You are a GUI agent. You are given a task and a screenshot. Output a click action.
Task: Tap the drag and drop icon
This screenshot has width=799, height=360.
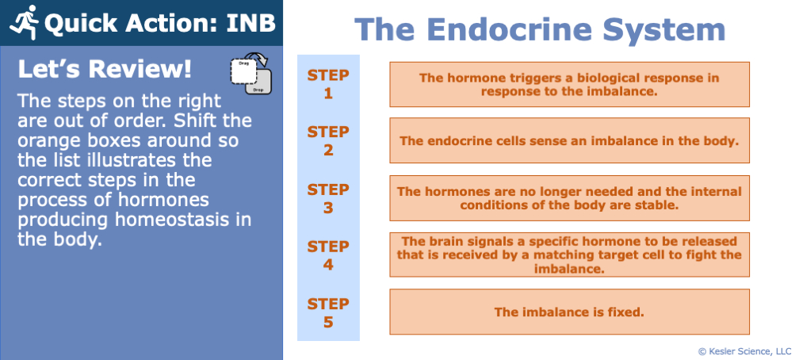(x=250, y=76)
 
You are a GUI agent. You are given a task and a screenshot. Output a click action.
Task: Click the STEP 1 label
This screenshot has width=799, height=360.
(x=328, y=84)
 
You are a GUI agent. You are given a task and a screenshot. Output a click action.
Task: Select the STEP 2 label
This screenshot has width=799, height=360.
(x=328, y=141)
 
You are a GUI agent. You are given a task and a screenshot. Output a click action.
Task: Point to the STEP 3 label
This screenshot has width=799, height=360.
(x=328, y=198)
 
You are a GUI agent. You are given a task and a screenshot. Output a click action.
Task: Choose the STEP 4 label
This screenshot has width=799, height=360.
(x=328, y=255)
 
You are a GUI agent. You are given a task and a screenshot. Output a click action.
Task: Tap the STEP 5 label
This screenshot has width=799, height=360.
(x=328, y=312)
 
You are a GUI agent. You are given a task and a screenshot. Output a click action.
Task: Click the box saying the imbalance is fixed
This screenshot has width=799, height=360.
(x=569, y=312)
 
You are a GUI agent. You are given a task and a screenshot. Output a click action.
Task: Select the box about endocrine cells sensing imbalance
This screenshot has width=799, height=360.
(x=569, y=141)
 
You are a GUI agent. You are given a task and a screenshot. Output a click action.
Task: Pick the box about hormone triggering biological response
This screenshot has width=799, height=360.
(x=569, y=84)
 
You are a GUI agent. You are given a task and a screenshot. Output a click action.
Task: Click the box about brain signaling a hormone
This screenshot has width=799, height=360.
(x=569, y=255)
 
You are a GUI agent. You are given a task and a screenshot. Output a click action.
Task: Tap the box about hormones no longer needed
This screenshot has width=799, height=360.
(x=569, y=198)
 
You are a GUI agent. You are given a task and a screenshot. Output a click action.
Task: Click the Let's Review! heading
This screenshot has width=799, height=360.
(x=105, y=70)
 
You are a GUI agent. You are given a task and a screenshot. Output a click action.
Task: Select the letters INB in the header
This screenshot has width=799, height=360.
(x=246, y=23)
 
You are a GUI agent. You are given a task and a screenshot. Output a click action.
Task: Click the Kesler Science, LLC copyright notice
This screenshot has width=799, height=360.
(x=744, y=350)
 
